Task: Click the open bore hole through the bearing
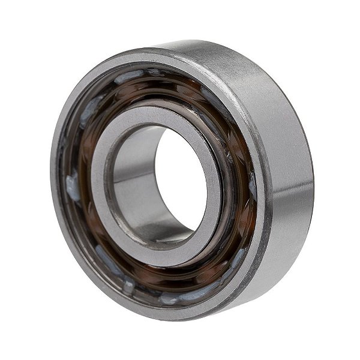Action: (180, 180)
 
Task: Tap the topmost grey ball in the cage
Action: (129, 76)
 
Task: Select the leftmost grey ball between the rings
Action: (73, 187)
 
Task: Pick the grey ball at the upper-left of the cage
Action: (90, 111)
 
